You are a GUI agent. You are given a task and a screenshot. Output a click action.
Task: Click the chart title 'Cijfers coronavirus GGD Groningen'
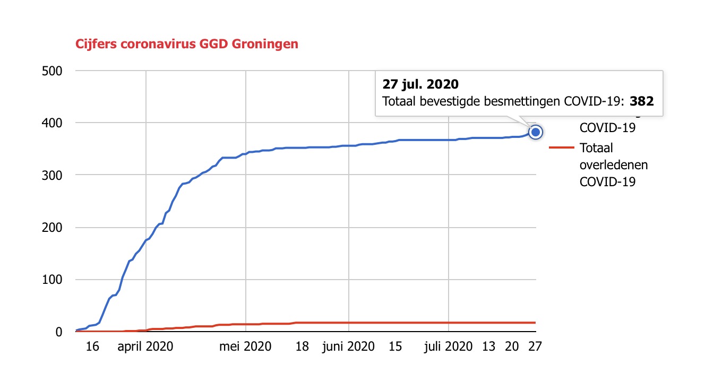[186, 44]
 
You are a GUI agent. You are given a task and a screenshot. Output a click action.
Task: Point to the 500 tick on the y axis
[52, 71]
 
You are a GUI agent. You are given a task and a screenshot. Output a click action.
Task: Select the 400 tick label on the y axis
[52, 123]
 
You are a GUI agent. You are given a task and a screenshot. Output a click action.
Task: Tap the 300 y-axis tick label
[52, 175]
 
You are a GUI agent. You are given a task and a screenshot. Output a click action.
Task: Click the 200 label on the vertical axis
[52, 228]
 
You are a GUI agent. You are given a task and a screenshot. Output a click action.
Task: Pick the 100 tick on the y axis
[52, 280]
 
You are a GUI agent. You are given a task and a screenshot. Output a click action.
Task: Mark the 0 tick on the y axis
[59, 332]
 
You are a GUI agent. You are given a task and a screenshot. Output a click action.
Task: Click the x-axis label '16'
[92, 347]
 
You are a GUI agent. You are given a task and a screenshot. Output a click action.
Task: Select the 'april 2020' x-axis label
[146, 347]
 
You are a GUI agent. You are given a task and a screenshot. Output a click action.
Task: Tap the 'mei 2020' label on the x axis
[246, 347]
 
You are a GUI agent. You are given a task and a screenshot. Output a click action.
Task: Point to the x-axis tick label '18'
[302, 347]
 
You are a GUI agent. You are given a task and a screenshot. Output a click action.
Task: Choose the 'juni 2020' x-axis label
[348, 347]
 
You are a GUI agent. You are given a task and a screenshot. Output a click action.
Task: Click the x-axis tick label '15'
[395, 347]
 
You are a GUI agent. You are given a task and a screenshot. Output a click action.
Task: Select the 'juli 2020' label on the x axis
[449, 347]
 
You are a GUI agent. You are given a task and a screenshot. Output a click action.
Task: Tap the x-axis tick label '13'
[489, 347]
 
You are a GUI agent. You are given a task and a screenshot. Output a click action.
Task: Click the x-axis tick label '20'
[512, 347]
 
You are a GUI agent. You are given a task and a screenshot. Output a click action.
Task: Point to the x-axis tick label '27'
[535, 347]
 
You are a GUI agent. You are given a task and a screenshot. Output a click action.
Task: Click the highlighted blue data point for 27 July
[536, 132]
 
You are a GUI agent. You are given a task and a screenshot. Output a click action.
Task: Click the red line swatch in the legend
[562, 148]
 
